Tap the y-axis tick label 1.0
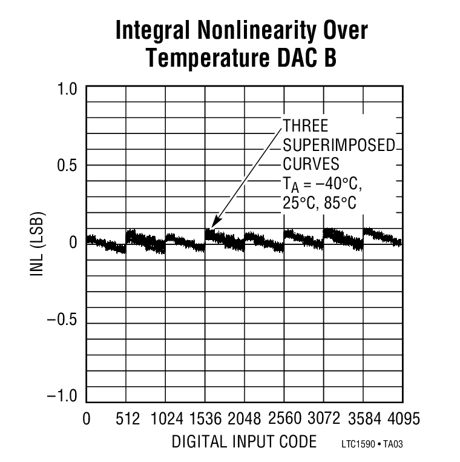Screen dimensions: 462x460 [x=68, y=89]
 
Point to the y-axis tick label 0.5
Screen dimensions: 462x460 [x=68, y=166]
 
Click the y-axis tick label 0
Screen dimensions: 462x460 [x=73, y=243]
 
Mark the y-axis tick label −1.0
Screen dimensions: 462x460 [x=63, y=397]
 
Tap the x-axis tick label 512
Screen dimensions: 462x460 [x=128, y=419]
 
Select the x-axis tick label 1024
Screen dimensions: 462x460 [x=166, y=419]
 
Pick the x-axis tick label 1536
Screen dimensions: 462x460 [x=205, y=419]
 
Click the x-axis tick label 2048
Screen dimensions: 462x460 [x=245, y=419]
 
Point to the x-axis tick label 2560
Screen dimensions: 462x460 [x=284, y=419]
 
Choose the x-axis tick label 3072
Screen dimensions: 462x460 [x=324, y=419]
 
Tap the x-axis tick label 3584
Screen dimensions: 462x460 [x=363, y=419]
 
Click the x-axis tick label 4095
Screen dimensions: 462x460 [x=402, y=419]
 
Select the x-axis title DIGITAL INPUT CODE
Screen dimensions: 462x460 [x=244, y=442]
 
